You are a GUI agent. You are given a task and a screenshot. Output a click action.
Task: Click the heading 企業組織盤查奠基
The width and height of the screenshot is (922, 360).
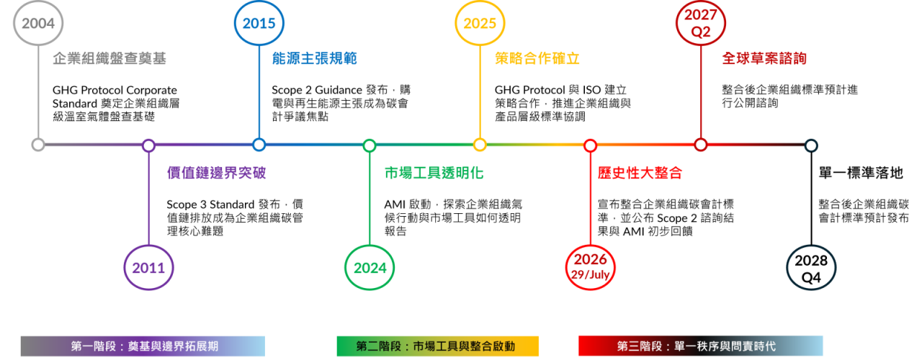[x=109, y=58]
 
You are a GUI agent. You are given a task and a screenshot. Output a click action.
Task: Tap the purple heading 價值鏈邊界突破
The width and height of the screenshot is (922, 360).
[x=217, y=173]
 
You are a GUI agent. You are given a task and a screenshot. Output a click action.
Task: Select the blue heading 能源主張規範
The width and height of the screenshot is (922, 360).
[x=315, y=58]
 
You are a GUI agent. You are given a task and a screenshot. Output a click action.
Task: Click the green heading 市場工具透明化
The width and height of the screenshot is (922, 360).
[x=434, y=173]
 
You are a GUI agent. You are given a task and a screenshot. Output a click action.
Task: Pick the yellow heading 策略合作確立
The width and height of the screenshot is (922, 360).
[x=537, y=58]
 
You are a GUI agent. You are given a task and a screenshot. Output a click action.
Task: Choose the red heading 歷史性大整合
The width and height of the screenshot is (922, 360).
[x=640, y=173]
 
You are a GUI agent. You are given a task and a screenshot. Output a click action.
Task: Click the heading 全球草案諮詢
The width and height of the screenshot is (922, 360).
[x=764, y=58]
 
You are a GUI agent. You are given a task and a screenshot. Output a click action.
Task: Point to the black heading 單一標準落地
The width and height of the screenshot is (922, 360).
[x=861, y=173]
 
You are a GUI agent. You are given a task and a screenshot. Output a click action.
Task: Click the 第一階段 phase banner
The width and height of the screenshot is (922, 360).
[x=143, y=346]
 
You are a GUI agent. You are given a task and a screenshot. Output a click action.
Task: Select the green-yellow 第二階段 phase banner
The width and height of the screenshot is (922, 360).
[x=437, y=346]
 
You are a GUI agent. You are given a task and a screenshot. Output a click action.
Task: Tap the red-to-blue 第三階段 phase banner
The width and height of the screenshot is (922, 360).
[x=701, y=346]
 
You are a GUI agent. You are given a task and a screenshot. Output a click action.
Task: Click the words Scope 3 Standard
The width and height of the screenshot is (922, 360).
[x=210, y=204]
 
